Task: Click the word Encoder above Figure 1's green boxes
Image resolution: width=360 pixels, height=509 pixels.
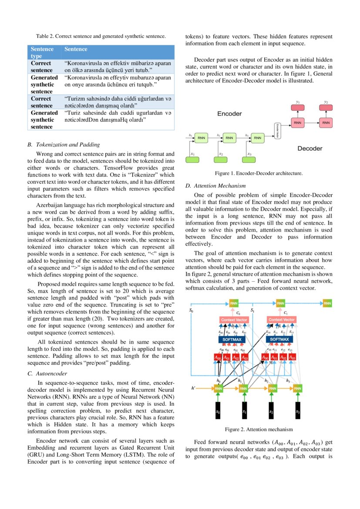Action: click(229, 114)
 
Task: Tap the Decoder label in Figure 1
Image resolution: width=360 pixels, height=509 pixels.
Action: click(310, 148)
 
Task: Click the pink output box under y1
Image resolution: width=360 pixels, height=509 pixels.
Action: click(298, 108)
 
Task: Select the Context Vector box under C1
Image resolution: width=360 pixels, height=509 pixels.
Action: click(282, 320)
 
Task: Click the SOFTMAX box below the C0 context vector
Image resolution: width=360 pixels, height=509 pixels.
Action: click(232, 339)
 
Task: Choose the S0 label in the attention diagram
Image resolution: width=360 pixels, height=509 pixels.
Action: click(191, 311)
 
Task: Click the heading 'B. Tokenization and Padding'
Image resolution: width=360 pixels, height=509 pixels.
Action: click(64, 145)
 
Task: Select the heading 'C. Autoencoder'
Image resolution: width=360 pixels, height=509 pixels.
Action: click(47, 373)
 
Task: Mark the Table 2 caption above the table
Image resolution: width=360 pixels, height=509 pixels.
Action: click(101, 36)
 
